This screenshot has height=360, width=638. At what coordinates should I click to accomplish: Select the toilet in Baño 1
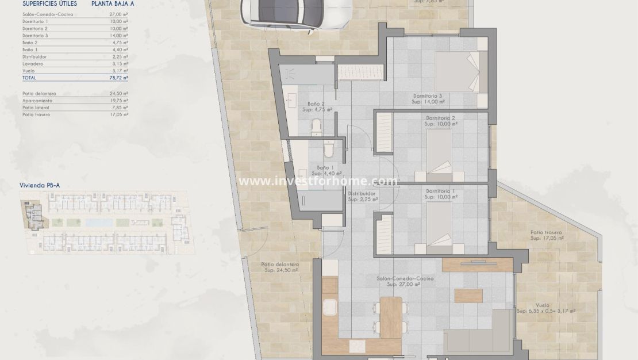tap(328, 151)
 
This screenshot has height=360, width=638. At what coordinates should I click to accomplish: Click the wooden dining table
tap(391, 317)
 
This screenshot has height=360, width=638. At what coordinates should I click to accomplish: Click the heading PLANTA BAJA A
tap(113, 3)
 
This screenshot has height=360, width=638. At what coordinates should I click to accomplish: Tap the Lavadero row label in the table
tap(33, 64)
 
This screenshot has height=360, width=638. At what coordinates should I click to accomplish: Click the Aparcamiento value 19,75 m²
tap(118, 101)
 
